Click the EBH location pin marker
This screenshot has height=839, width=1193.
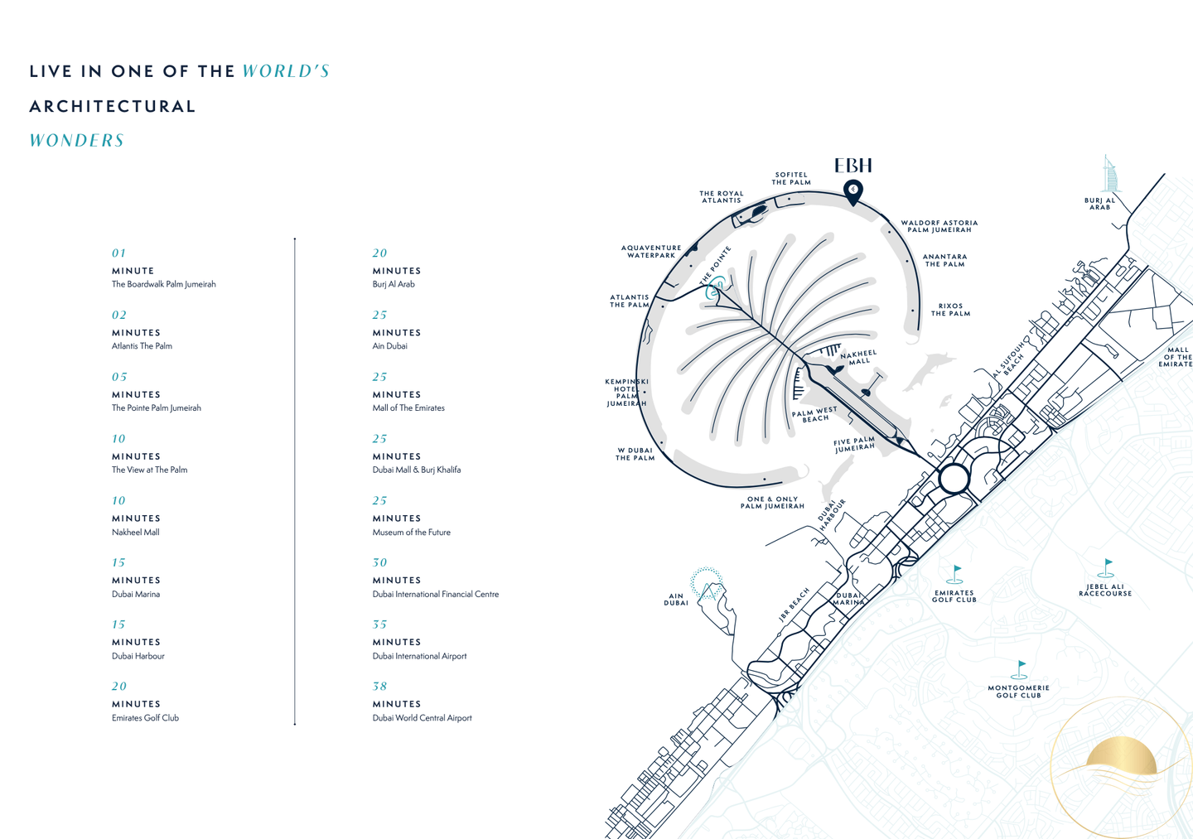click(852, 190)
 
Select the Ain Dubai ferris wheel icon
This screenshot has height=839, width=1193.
click(707, 583)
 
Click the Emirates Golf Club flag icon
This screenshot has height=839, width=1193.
click(956, 574)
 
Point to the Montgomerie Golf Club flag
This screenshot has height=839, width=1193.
click(1021, 668)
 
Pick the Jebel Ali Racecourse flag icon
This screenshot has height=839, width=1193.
click(1107, 567)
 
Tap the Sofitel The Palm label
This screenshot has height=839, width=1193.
click(791, 179)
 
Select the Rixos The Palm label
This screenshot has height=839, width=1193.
click(950, 310)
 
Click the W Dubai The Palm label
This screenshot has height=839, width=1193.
click(635, 454)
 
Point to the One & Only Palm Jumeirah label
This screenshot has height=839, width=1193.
click(772, 503)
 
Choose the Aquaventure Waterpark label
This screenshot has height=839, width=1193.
click(651, 251)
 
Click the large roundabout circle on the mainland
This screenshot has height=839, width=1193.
click(954, 478)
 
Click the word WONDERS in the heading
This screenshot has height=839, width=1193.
click(77, 141)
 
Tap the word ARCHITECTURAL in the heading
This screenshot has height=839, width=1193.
click(113, 106)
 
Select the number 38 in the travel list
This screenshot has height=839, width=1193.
click(379, 686)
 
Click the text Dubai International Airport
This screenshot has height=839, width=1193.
click(419, 656)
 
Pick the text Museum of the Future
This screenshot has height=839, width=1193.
click(411, 533)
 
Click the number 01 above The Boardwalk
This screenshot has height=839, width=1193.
click(119, 253)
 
